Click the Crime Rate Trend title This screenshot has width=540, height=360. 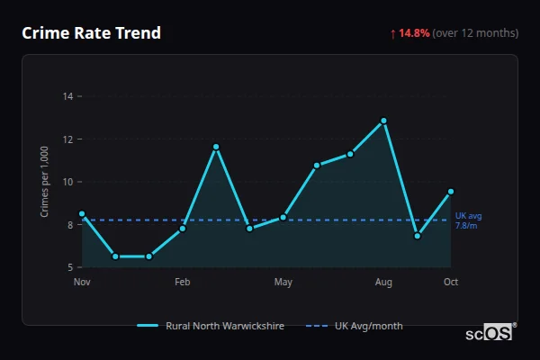[91, 33]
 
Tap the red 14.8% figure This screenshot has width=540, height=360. [416, 33]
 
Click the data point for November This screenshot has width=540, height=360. [82, 214]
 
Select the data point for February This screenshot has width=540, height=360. [183, 229]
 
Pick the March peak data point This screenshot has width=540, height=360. [216, 147]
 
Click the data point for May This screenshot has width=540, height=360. [283, 217]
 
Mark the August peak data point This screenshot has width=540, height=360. [383, 121]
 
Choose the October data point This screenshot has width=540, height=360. [451, 191]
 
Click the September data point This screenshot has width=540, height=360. [418, 236]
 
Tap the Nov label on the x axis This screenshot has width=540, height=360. [82, 283]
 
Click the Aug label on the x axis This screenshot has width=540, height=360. [383, 283]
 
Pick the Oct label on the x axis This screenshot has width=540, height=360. [451, 283]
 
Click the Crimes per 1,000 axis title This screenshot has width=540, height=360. [45, 182]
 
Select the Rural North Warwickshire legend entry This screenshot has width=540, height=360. [211, 326]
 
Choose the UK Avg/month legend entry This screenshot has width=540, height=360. [355, 326]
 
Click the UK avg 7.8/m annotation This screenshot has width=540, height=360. [468, 221]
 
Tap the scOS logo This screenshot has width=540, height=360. [489, 333]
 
